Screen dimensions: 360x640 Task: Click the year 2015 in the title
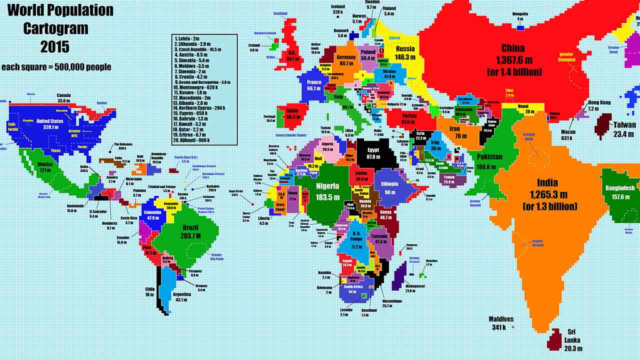[55, 47]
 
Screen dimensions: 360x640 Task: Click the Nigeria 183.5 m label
[327, 191]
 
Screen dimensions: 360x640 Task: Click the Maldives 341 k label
[501, 323]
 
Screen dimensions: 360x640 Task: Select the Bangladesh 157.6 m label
[620, 192]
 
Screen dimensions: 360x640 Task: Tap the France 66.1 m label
[313, 85]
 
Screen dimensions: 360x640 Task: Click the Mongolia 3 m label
[520, 16]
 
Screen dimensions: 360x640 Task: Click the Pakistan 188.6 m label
[489, 160]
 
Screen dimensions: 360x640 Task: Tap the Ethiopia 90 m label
[390, 188]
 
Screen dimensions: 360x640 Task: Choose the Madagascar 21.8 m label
[403, 288]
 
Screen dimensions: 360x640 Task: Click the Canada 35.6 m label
[63, 97]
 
